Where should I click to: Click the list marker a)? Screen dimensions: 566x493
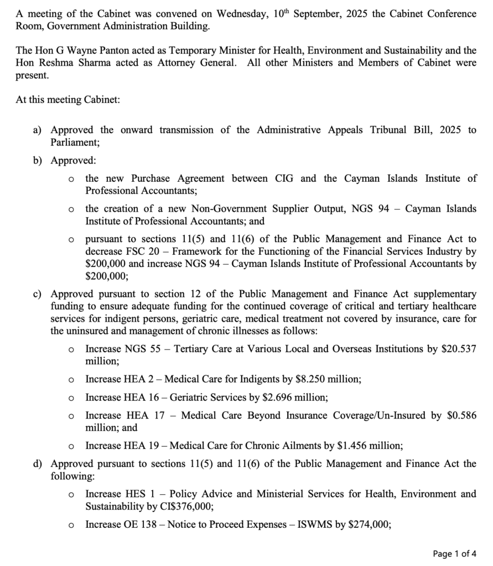pos(38,130)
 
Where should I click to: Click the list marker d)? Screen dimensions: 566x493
pos(38,464)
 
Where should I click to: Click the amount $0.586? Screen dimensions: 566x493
pos(461,415)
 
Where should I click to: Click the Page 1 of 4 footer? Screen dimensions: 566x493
pos(454,553)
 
